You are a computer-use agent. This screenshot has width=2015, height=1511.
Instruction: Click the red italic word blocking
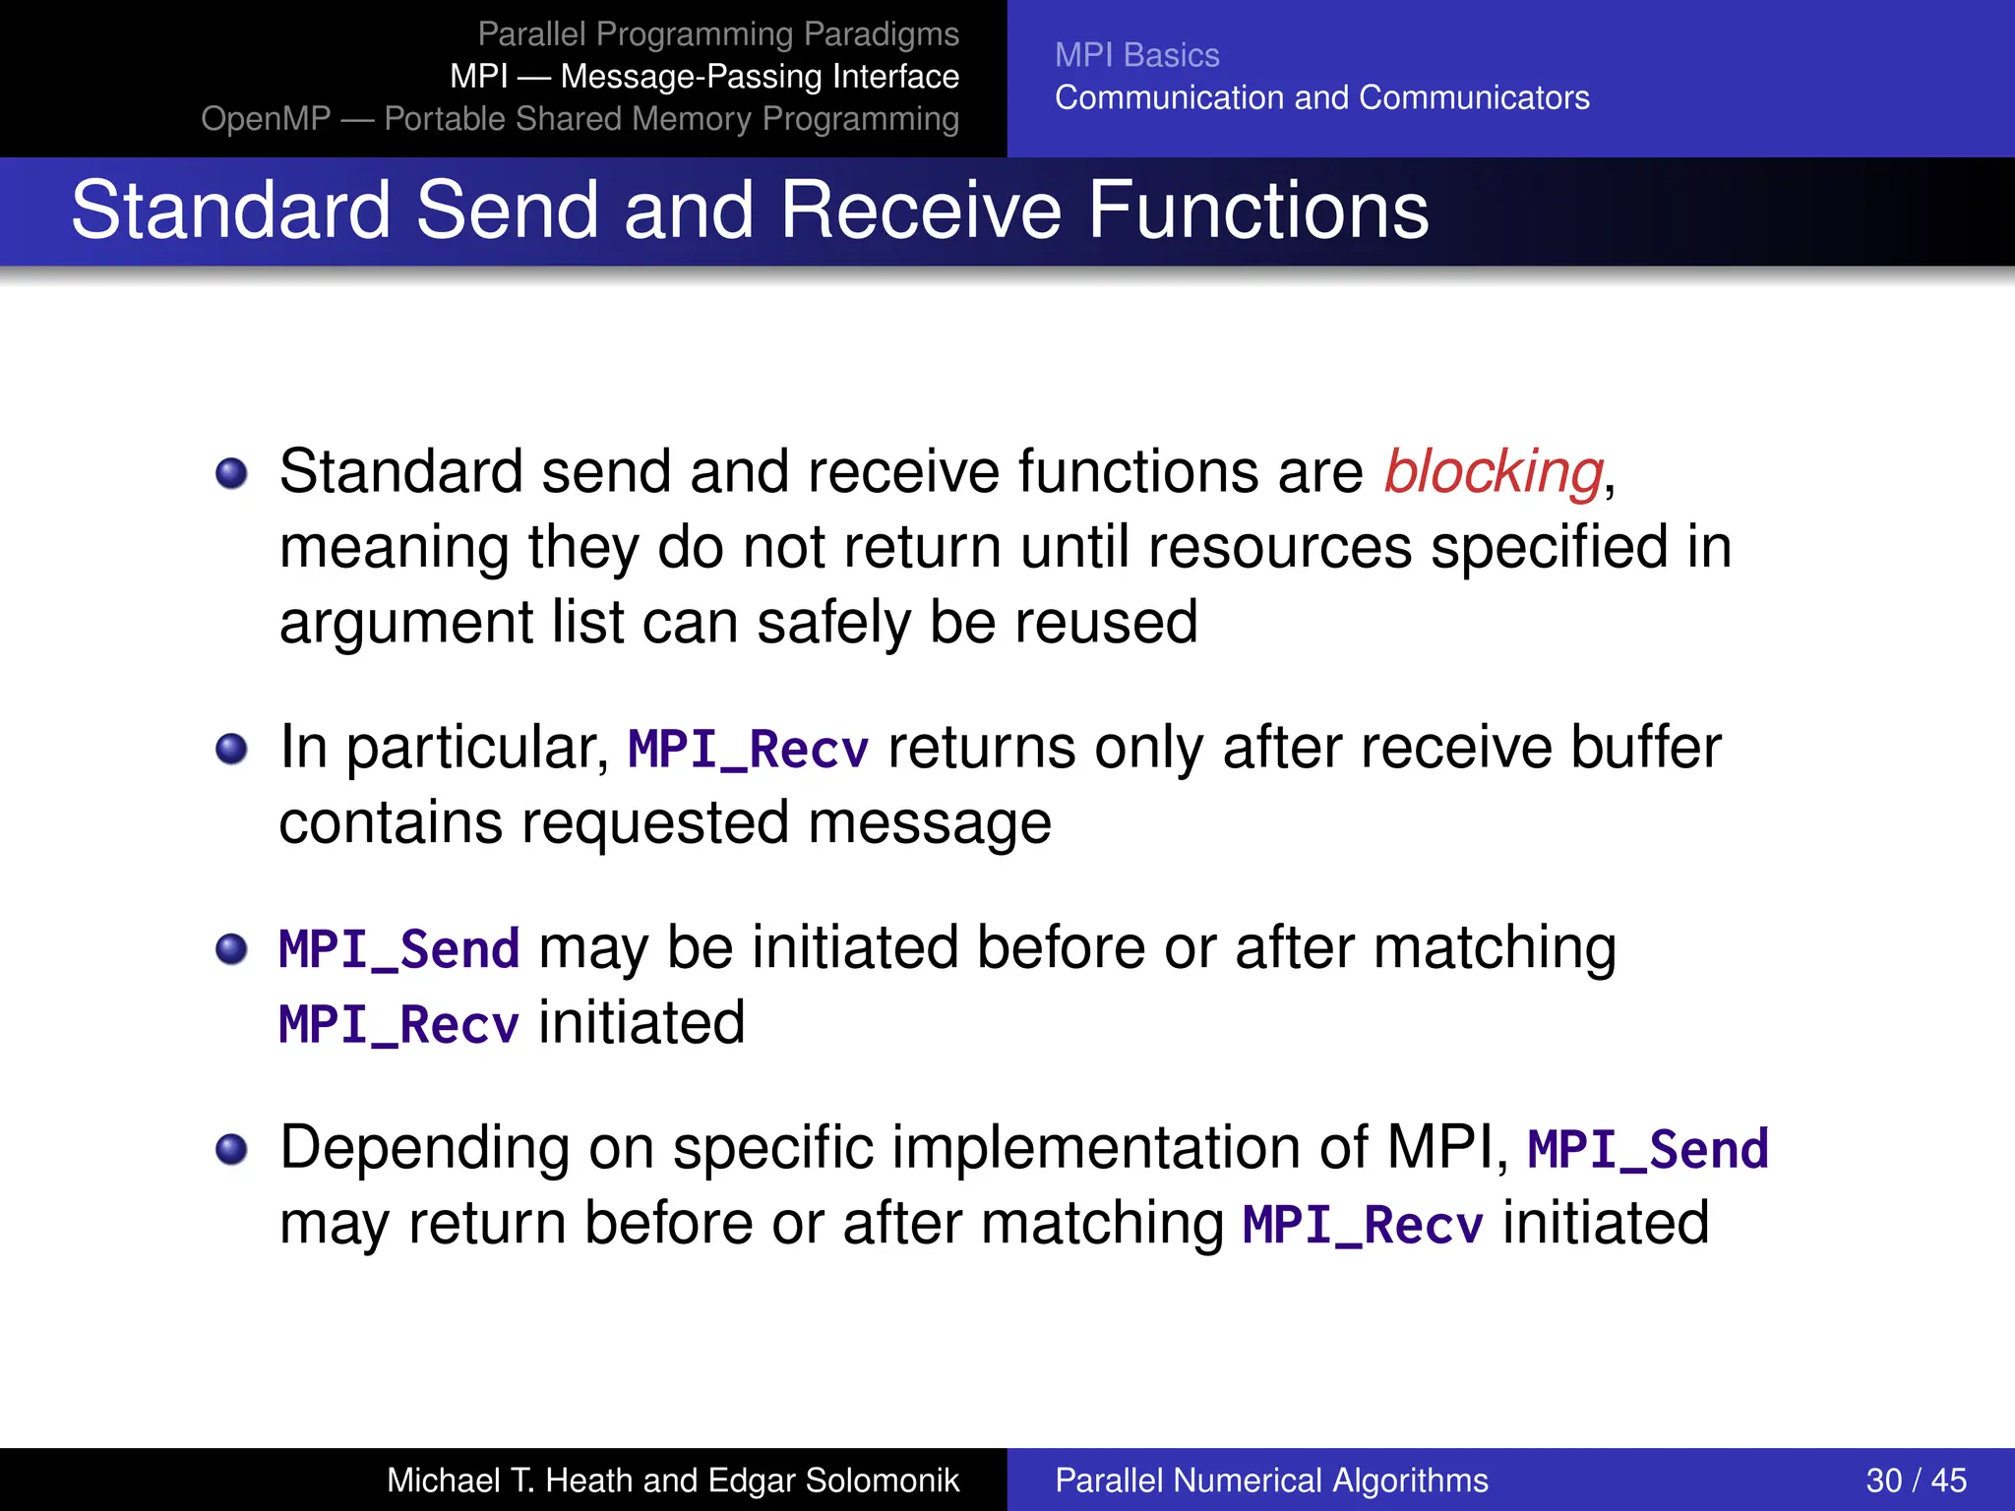coord(1494,472)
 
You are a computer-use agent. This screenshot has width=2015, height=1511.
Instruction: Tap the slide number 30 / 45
coord(1915,1481)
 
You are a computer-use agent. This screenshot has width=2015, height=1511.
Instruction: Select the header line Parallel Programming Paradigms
coord(717,34)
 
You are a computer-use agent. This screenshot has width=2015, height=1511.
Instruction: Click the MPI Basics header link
coord(1136,55)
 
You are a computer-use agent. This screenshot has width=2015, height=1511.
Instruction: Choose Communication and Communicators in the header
coord(1321,97)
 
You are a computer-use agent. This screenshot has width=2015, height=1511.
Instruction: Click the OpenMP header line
coord(580,119)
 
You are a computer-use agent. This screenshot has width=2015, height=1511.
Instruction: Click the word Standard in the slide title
coord(231,211)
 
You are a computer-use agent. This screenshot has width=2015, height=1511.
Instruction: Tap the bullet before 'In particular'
coord(231,750)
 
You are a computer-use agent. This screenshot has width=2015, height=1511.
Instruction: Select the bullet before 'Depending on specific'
coord(231,1149)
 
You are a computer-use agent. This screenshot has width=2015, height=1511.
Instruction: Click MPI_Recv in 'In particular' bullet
coord(748,750)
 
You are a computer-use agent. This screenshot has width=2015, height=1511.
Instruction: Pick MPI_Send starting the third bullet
coord(398,950)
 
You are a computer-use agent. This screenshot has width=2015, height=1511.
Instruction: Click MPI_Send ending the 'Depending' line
coord(1647,1150)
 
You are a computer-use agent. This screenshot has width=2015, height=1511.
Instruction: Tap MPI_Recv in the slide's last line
coord(1362,1226)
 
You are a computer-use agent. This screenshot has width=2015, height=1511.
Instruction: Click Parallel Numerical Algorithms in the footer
coord(1271,1481)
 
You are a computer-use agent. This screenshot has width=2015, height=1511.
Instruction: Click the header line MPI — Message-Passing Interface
coord(703,77)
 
